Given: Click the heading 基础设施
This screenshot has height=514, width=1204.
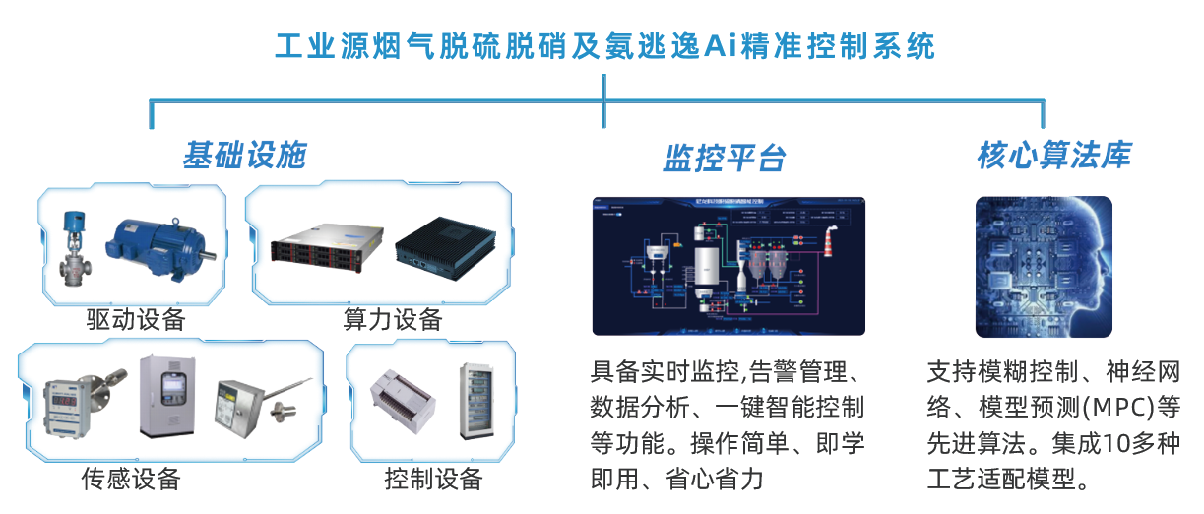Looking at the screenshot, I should tap(244, 156).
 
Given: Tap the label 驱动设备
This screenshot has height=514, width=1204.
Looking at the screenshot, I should tap(135, 319).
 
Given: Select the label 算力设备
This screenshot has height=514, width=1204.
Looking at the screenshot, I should tap(393, 319).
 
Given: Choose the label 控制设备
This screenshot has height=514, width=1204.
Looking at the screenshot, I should tap(433, 480).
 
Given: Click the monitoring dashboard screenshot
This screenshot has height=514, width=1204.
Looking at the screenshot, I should tap(729, 266).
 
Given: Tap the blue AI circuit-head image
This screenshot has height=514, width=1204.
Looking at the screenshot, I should tap(1044, 266).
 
